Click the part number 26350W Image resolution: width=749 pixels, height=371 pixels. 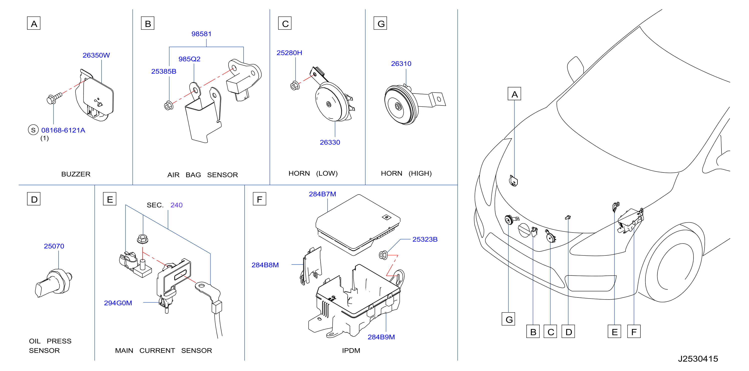tap(96, 55)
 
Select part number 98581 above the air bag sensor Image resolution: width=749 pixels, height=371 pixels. tap(201, 34)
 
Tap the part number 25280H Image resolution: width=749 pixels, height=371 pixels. tap(289, 53)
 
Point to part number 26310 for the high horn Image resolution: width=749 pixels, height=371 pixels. tap(401, 64)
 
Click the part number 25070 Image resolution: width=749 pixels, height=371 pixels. tap(54, 246)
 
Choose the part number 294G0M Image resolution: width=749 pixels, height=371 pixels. tap(118, 303)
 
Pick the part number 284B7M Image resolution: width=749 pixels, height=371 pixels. tap(322, 194)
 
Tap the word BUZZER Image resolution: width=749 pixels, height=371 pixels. tap(76, 174)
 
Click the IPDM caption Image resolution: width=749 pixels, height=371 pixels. tap(351, 351)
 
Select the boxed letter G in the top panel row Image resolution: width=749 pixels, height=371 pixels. tap(380, 23)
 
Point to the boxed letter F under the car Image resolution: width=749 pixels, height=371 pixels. tap(634, 331)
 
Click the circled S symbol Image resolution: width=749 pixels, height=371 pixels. tap(33, 130)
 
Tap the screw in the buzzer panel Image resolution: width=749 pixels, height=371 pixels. tap(54, 98)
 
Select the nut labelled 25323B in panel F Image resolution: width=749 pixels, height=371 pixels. tap(383, 255)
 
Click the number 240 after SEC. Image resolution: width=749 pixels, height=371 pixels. tap(177, 205)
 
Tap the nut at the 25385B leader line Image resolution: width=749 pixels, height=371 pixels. tap(169, 105)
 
